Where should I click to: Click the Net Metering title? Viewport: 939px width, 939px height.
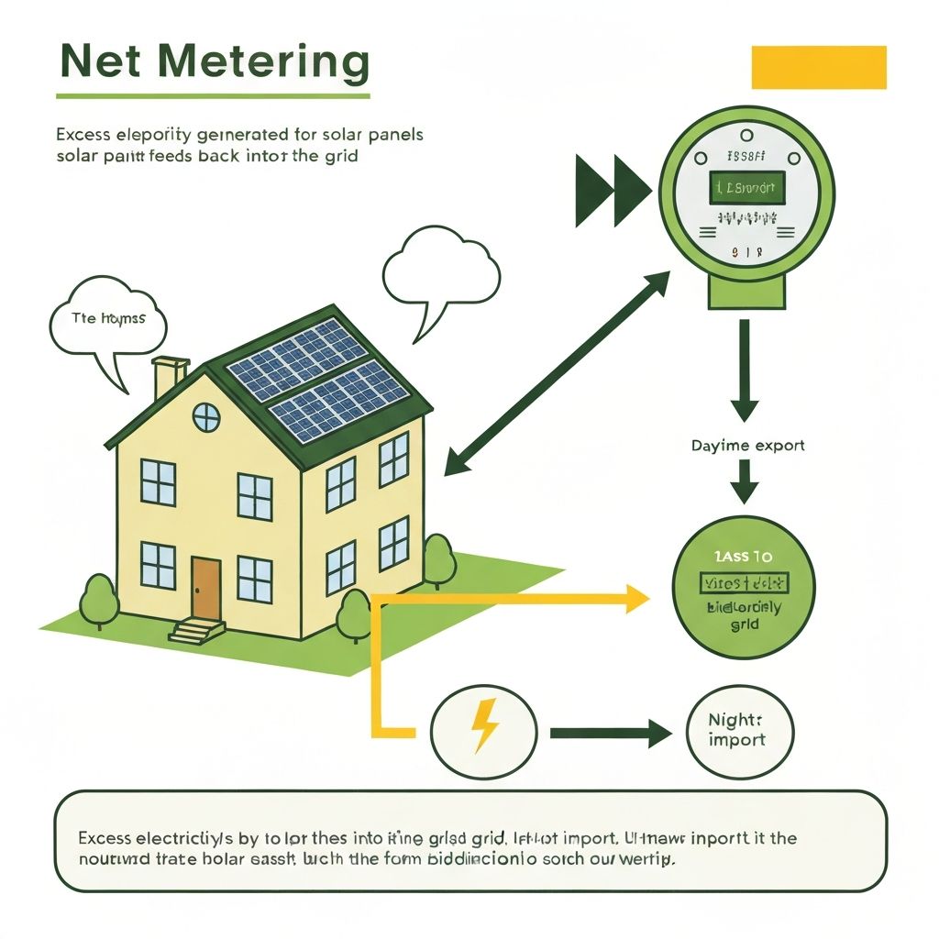213,63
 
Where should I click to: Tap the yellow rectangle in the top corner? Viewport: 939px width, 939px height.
818,68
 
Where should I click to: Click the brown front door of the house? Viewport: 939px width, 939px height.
205,588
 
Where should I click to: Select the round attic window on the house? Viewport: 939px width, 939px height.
206,417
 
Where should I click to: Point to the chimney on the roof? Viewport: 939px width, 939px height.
170,376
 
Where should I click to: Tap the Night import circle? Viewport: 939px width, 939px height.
739,731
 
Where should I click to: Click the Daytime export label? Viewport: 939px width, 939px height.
747,446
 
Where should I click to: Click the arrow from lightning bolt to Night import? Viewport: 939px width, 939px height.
611,732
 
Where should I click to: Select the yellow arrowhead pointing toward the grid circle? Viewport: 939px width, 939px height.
637,598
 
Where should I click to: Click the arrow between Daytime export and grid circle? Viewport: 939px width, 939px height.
744,481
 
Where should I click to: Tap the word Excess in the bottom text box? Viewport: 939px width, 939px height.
105,838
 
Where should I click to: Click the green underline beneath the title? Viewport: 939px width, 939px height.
213,95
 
